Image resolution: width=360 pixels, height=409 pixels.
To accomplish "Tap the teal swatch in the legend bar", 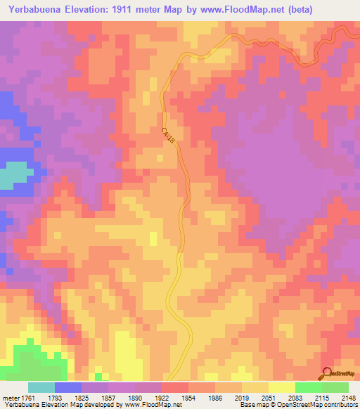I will [x=41, y=387].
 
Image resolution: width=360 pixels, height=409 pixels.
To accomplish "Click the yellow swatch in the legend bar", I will [x=281, y=387].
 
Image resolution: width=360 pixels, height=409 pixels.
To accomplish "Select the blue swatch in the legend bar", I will [x=68, y=387].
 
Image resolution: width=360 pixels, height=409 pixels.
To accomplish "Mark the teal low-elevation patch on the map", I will [x=15, y=176].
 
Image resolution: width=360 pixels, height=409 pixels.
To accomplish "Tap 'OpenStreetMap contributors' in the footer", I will [x=317, y=404].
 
